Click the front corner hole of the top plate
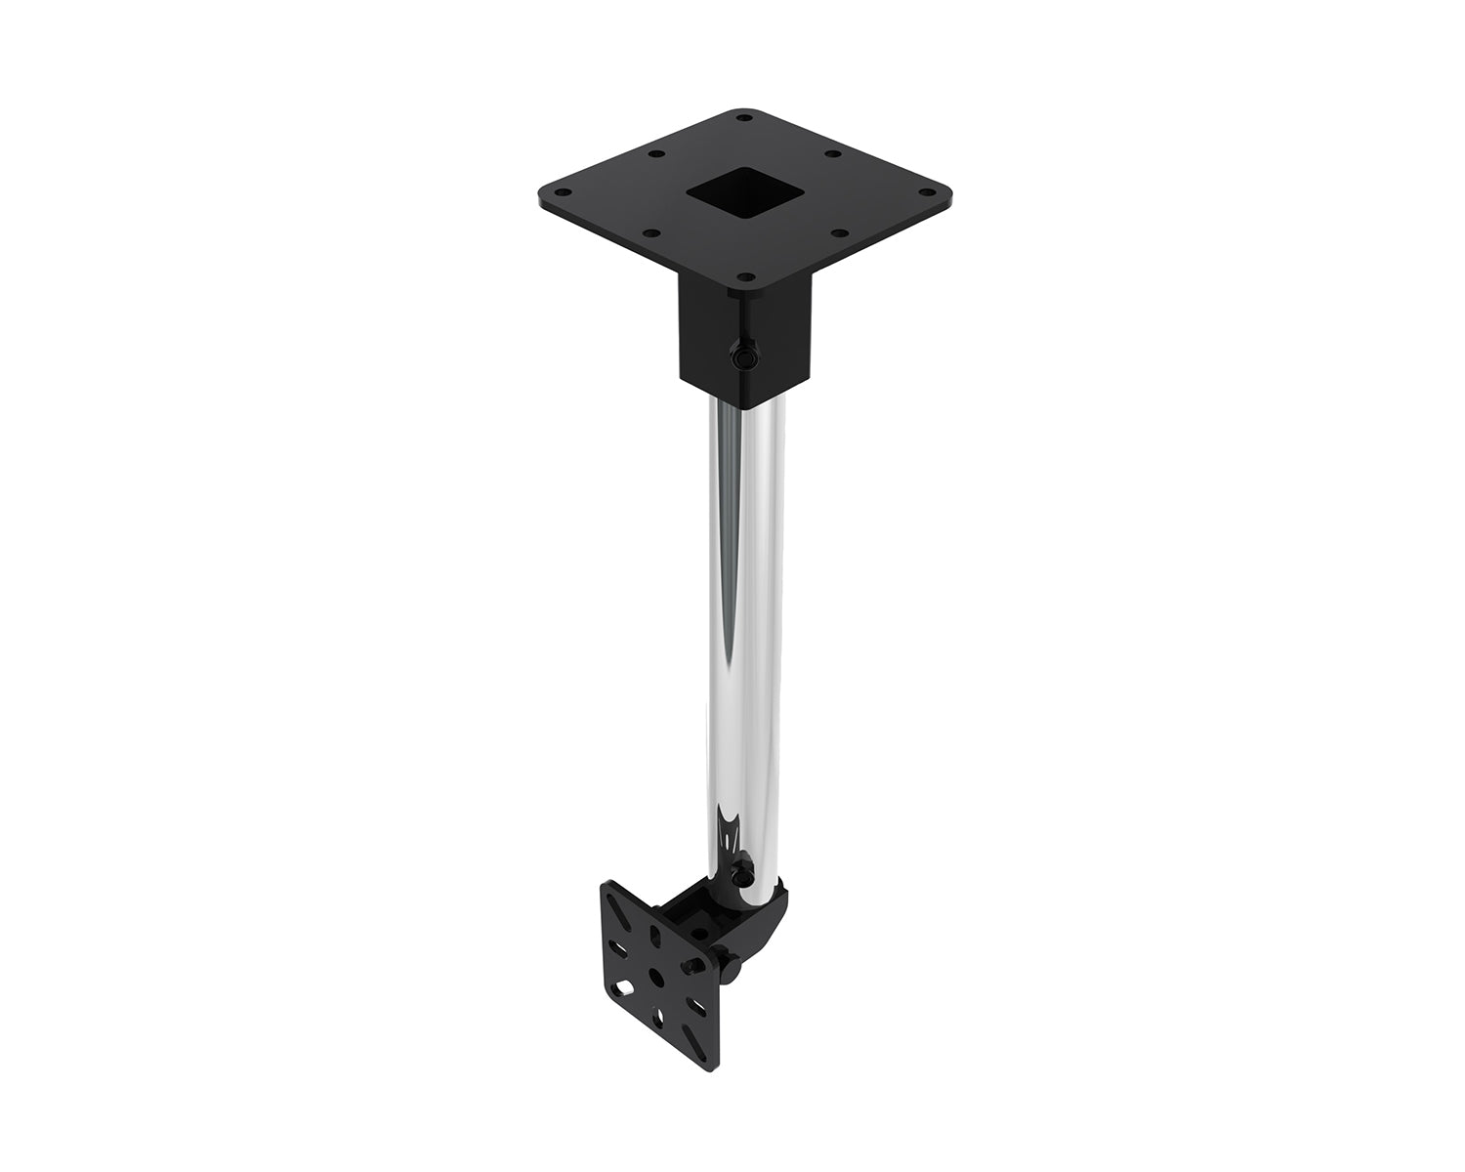745,276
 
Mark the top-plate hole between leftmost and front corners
654,232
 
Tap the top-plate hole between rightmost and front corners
837,232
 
